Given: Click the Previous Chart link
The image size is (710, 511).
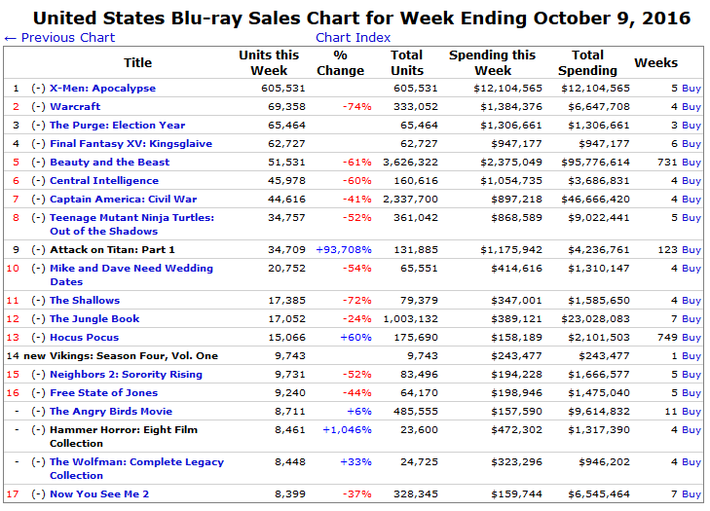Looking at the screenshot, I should coord(59,38).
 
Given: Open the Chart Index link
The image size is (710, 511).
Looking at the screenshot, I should coord(353,38).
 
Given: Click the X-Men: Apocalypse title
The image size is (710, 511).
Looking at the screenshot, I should coord(102,89).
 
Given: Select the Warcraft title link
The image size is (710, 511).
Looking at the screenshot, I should coord(75,107).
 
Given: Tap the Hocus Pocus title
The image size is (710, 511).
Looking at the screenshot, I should coord(84,338).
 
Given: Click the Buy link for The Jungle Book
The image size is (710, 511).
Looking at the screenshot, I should coord(691,319).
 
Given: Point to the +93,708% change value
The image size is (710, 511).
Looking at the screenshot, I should coord(343,250).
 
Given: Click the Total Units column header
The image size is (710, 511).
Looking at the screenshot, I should coord(407,63).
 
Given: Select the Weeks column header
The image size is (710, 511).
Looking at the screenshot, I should coord(655,63).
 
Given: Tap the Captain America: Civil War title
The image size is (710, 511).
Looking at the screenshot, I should coord(123,200).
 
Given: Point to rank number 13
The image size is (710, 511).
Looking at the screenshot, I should coord(14,338).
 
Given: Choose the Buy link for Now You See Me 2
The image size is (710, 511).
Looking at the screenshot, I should coord(691,494).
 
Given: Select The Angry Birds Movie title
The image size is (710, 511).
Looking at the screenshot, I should coord(111,412).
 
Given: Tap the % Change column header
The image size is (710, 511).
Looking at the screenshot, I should coord(340,63).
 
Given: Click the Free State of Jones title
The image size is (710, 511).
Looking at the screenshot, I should coord(104,393).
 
